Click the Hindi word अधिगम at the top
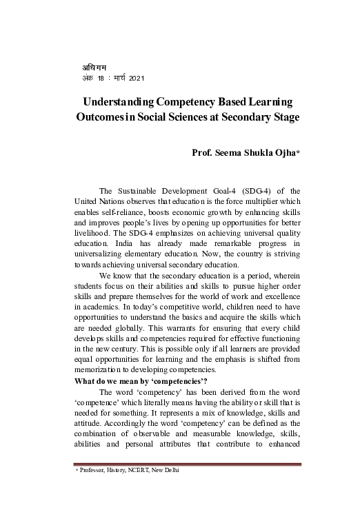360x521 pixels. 90,67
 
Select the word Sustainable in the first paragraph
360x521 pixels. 139,190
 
